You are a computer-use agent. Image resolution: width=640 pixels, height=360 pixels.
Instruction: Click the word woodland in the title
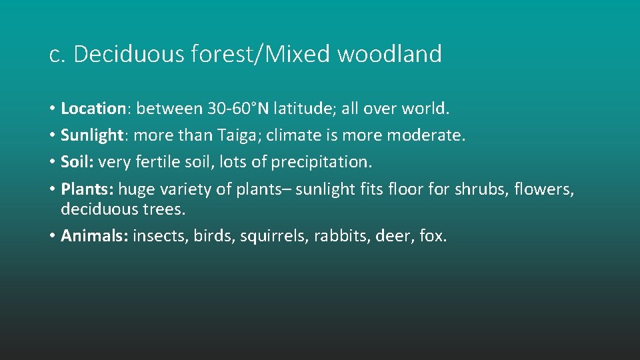pos(389,55)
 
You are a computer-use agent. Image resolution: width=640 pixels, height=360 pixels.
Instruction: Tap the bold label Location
pos(93,109)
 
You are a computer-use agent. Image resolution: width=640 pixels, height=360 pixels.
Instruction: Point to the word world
pos(430,109)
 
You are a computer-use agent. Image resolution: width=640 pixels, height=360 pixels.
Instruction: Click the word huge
pos(136,189)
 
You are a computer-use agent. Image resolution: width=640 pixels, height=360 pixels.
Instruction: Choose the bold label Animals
pos(94,235)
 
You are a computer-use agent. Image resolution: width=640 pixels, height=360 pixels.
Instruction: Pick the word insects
pos(160,235)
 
